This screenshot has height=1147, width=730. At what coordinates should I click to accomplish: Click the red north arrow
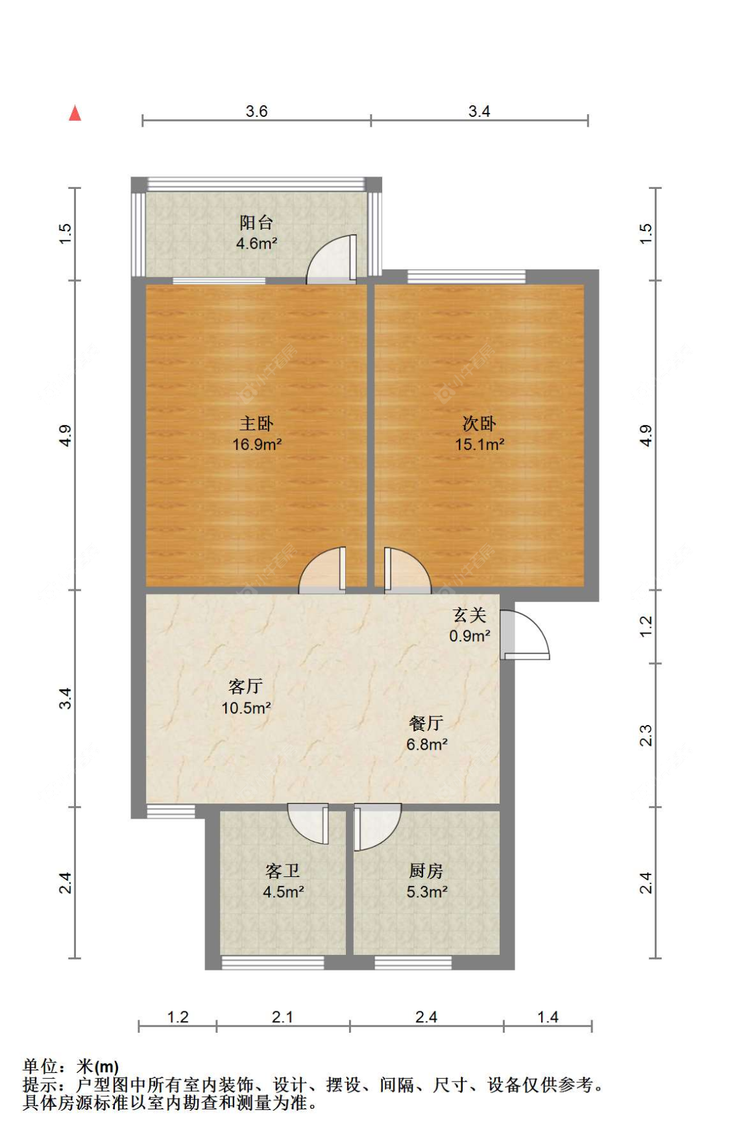point(75,114)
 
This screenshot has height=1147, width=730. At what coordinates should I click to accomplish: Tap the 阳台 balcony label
point(256,223)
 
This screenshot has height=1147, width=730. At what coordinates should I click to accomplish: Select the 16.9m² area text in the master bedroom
point(257,445)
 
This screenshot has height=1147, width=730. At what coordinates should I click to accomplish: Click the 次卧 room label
point(479,424)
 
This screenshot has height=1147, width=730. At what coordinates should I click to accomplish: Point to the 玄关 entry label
point(469,615)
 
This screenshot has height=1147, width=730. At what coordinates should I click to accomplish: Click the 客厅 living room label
point(245,686)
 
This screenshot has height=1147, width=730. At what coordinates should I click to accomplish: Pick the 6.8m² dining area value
point(427,745)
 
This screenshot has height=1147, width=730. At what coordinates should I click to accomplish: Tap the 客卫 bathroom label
point(283,870)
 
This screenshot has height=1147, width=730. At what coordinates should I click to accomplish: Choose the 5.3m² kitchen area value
point(427,892)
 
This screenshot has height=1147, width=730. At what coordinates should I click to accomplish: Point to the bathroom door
point(308,824)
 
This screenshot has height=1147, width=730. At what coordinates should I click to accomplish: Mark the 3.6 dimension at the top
point(256,111)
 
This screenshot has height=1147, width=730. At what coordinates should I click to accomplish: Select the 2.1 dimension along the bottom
point(282,1017)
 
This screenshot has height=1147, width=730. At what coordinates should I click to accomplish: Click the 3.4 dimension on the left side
point(65,698)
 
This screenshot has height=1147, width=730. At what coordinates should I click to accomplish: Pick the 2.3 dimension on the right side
point(646,735)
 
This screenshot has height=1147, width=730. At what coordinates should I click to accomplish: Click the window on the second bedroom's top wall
point(467,277)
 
